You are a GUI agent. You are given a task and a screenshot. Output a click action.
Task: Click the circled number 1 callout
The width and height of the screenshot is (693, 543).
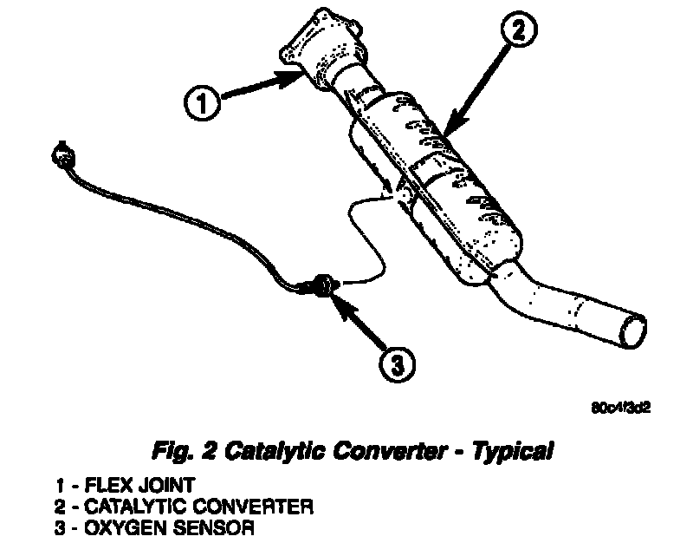pyautogui.click(x=201, y=106)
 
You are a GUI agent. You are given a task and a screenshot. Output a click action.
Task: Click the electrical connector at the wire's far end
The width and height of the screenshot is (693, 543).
pyautogui.click(x=62, y=156)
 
